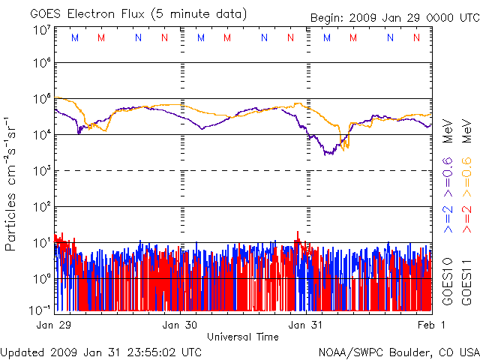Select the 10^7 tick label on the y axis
point(41,30)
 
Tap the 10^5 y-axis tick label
point(41,100)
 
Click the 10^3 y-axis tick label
point(41,170)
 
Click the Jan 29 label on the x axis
point(53,325)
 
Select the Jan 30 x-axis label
point(180,325)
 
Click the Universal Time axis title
point(243,337)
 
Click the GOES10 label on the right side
point(448,280)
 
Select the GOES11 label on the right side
point(466,280)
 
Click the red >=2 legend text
point(466,216)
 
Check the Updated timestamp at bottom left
point(100,351)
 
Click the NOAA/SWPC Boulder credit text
point(398,351)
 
